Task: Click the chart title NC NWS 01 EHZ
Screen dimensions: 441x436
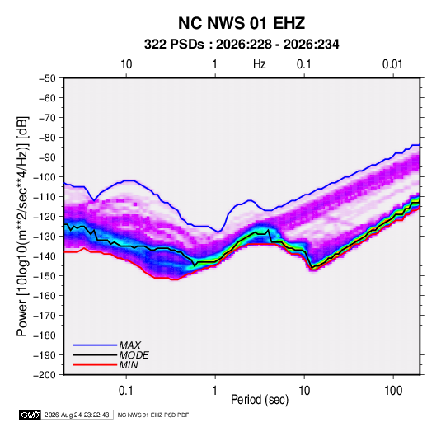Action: (242, 23)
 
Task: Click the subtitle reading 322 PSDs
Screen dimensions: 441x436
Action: (174, 45)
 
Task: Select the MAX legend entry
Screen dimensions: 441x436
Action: (129, 345)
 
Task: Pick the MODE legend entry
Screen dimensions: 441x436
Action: (134, 355)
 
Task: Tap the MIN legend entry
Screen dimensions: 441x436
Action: (129, 365)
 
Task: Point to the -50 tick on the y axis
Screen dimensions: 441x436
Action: (47, 78)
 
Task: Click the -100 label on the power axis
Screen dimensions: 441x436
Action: (45, 177)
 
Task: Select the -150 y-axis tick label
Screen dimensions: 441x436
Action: (45, 276)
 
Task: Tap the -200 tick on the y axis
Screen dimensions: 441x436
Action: (45, 375)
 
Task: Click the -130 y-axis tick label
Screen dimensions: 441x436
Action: (45, 237)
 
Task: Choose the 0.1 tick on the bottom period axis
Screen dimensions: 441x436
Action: (126, 391)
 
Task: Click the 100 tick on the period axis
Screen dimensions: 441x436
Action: (393, 391)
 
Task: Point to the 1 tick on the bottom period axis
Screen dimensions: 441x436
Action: (215, 391)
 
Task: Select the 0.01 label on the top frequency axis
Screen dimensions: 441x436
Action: (392, 64)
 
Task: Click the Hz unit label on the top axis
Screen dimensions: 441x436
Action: (260, 64)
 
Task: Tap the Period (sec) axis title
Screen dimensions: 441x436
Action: (260, 400)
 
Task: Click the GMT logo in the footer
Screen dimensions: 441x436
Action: (30, 415)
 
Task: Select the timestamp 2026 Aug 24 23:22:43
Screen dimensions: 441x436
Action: (77, 415)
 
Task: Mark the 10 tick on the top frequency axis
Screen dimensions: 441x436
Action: (126, 64)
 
